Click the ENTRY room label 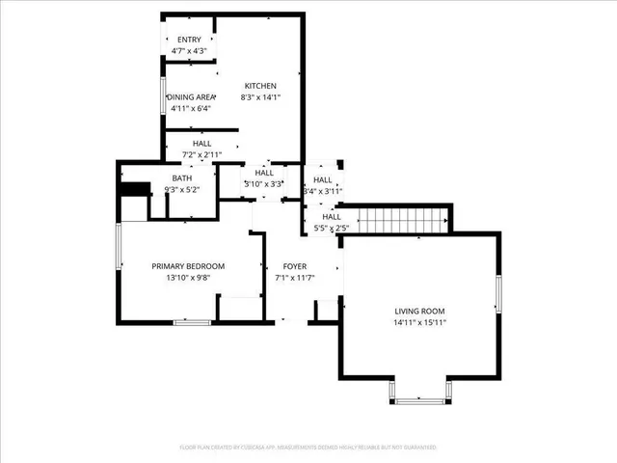click(189, 40)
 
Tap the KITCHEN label click(260, 86)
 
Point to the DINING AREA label click(191, 97)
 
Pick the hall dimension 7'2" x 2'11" click(201, 154)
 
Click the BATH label click(182, 178)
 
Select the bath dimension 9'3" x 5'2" click(182, 190)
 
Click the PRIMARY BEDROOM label click(188, 266)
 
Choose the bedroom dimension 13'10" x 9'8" click(188, 278)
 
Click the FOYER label click(295, 266)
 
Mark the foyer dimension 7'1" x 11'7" click(295, 278)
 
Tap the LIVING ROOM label click(420, 311)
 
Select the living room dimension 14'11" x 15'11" click(420, 322)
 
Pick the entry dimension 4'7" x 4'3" click(189, 50)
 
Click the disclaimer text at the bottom click(308, 448)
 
